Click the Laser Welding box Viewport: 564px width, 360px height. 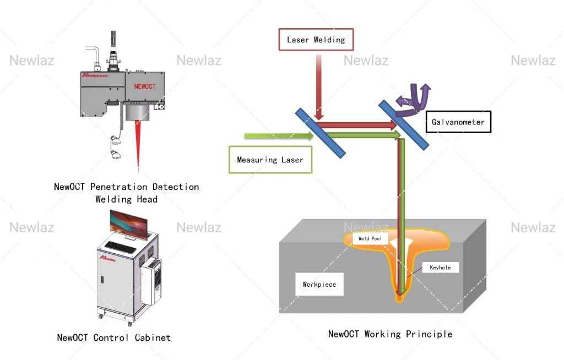[x=316, y=40]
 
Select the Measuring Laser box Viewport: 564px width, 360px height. [x=270, y=160]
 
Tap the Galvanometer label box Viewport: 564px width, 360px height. [x=458, y=122]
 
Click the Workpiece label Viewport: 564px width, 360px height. [x=319, y=285]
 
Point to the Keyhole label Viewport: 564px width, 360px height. [x=440, y=268]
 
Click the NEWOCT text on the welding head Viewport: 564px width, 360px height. [x=145, y=87]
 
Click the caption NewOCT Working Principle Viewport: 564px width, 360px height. [x=390, y=334]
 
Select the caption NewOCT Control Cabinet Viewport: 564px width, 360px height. [x=114, y=337]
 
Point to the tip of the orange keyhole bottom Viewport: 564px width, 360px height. [x=400, y=299]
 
